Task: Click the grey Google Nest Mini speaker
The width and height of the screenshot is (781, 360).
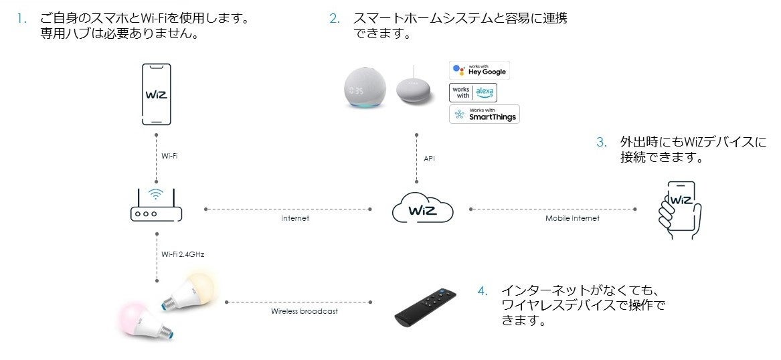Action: pyautogui.click(x=415, y=88)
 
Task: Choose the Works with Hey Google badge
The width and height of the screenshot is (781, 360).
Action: pyautogui.click(x=479, y=70)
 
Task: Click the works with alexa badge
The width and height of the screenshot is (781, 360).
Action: pyautogui.click(x=473, y=92)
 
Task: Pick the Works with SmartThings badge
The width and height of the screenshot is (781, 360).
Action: pyautogui.click(x=485, y=114)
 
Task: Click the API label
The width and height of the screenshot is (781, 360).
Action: pyautogui.click(x=430, y=159)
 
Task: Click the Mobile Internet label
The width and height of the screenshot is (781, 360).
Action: pyautogui.click(x=572, y=218)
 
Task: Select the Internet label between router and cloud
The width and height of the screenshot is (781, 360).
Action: pyautogui.click(x=295, y=218)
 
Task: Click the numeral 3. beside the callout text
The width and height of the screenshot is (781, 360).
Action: pyautogui.click(x=602, y=143)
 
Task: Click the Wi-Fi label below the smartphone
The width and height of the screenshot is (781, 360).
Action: pyautogui.click(x=170, y=156)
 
